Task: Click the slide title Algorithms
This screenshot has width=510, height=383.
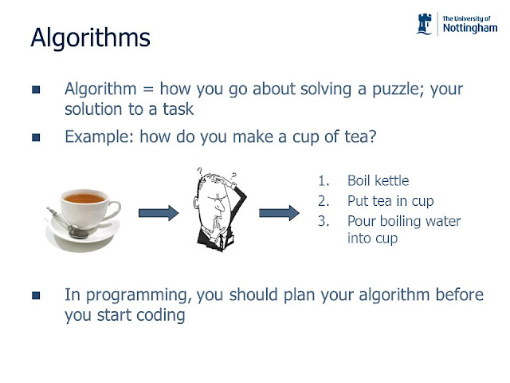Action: click(x=90, y=38)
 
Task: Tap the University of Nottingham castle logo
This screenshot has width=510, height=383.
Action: click(x=424, y=24)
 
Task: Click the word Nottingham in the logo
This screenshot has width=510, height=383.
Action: click(x=470, y=29)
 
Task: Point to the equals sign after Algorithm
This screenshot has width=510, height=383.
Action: click(x=148, y=89)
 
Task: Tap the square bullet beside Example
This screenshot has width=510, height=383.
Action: click(x=36, y=137)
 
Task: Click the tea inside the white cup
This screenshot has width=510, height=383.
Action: click(x=84, y=198)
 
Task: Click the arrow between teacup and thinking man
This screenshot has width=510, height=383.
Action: click(x=159, y=213)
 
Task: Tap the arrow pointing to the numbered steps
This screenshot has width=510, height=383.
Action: click(x=279, y=213)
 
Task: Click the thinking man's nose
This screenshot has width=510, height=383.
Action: click(x=221, y=205)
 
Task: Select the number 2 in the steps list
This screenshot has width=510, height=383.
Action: click(x=323, y=201)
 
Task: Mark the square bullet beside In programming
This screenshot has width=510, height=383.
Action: click(x=36, y=295)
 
